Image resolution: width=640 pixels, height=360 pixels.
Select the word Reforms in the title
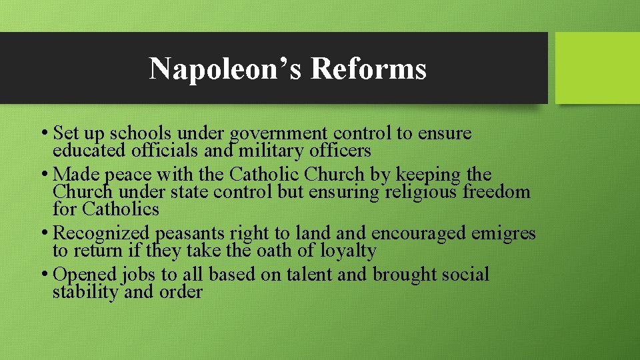pos(368,68)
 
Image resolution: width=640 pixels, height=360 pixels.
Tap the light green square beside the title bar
pos(597,68)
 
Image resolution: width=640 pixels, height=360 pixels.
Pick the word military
pos(282,150)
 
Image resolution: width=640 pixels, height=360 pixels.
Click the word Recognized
pos(101,233)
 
